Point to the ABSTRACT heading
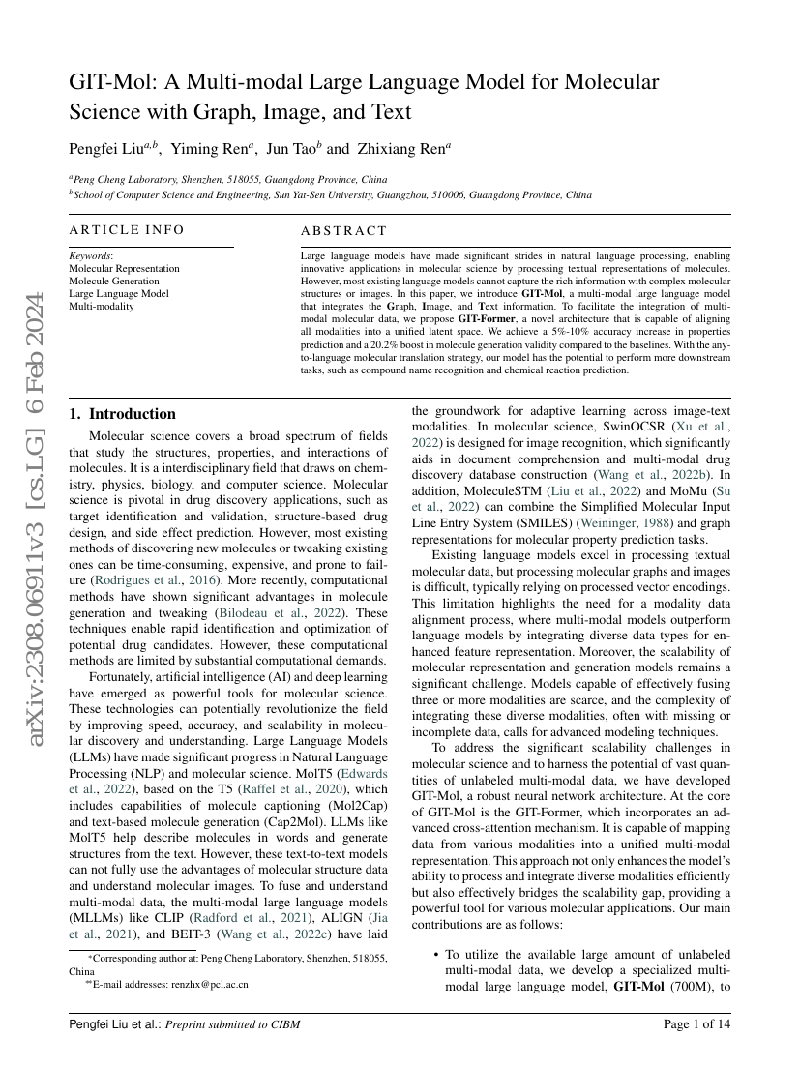pos(343,231)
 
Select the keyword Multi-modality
pos(102,306)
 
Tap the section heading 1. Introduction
pos(122,414)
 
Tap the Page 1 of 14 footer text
pos(696,1023)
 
